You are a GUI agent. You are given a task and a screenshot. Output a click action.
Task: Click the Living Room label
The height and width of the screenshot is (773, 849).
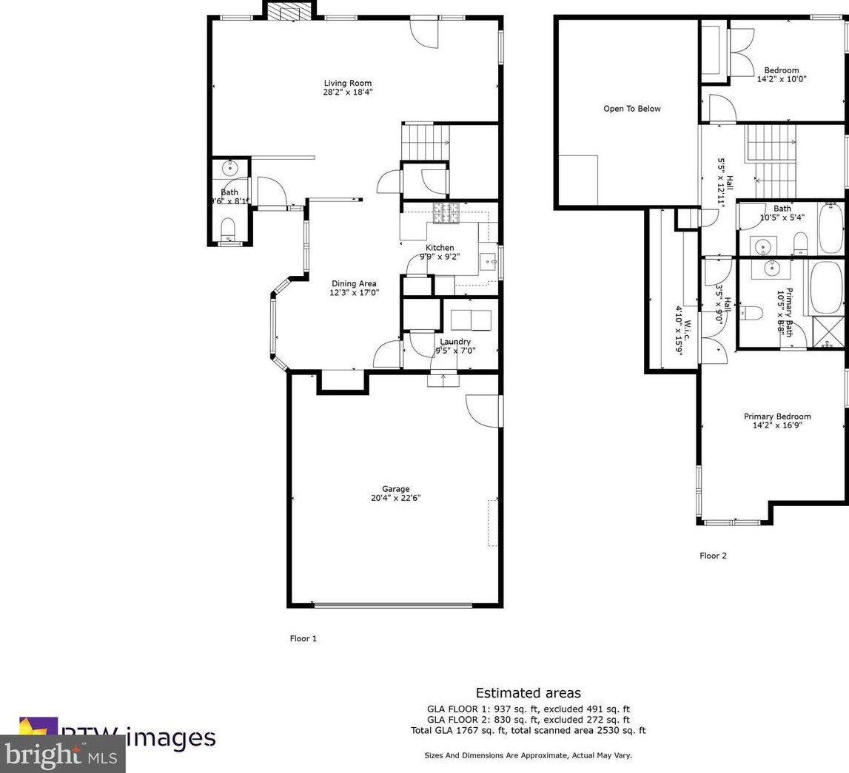(347, 84)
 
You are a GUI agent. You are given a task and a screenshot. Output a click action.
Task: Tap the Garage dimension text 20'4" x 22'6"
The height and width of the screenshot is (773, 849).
(396, 499)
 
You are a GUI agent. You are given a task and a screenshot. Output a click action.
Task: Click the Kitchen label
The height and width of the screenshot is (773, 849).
(440, 248)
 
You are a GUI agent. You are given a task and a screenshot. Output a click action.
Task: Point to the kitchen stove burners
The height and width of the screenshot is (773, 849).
(446, 212)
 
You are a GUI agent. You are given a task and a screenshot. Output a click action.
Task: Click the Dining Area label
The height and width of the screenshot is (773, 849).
(354, 283)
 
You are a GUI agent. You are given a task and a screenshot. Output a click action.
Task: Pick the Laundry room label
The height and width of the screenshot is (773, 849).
(454, 342)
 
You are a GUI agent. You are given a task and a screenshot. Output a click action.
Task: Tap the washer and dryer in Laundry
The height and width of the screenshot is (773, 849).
(471, 320)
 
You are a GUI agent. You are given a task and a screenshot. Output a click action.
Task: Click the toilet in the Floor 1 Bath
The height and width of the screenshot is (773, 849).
(229, 229)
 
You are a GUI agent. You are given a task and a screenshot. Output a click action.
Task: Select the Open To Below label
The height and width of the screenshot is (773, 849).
(631, 109)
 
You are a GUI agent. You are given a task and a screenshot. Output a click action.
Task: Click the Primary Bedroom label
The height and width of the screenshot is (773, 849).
(777, 416)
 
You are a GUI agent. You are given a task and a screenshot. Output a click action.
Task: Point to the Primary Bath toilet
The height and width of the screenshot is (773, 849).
(751, 313)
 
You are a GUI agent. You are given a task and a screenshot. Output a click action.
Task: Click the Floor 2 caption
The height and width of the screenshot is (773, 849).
(713, 556)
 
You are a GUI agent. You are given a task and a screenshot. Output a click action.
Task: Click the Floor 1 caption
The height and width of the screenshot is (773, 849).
(303, 638)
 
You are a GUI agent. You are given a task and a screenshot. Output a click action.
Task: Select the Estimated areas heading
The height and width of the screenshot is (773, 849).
(528, 693)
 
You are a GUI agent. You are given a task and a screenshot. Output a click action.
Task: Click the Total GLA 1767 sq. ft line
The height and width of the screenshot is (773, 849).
(528, 731)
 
